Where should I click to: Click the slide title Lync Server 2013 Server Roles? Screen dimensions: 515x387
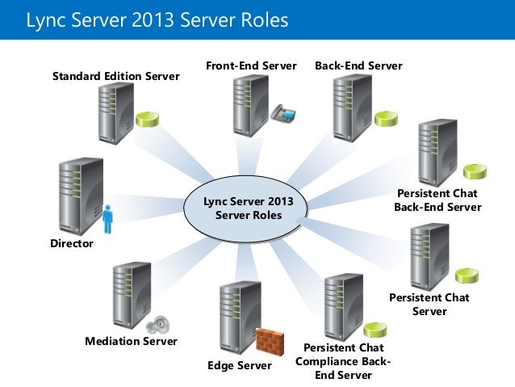(157, 20)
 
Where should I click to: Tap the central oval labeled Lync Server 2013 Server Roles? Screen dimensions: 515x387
(245, 209)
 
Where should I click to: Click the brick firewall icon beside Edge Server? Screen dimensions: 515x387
(270, 341)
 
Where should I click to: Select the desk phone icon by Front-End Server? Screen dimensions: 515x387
(283, 113)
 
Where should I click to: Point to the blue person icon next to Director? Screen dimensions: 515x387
(107, 219)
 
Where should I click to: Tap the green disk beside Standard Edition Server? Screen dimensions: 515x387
(148, 120)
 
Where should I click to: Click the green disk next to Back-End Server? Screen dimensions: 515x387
(386, 119)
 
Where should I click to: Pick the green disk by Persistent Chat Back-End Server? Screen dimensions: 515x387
(475, 171)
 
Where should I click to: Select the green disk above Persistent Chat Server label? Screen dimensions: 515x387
(467, 276)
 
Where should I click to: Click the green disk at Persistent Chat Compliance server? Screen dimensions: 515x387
(375, 330)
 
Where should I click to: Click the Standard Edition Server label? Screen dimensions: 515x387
(116, 76)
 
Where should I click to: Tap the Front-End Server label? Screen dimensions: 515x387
(251, 65)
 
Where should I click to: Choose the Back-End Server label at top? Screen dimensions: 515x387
(358, 65)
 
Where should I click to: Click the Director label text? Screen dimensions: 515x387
(72, 243)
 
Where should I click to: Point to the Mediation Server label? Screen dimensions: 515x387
(131, 341)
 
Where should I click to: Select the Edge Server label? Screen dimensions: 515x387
(240, 365)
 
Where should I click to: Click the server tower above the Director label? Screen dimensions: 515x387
(81, 196)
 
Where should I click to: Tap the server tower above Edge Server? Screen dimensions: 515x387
(240, 318)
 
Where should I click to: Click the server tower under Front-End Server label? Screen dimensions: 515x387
(251, 106)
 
